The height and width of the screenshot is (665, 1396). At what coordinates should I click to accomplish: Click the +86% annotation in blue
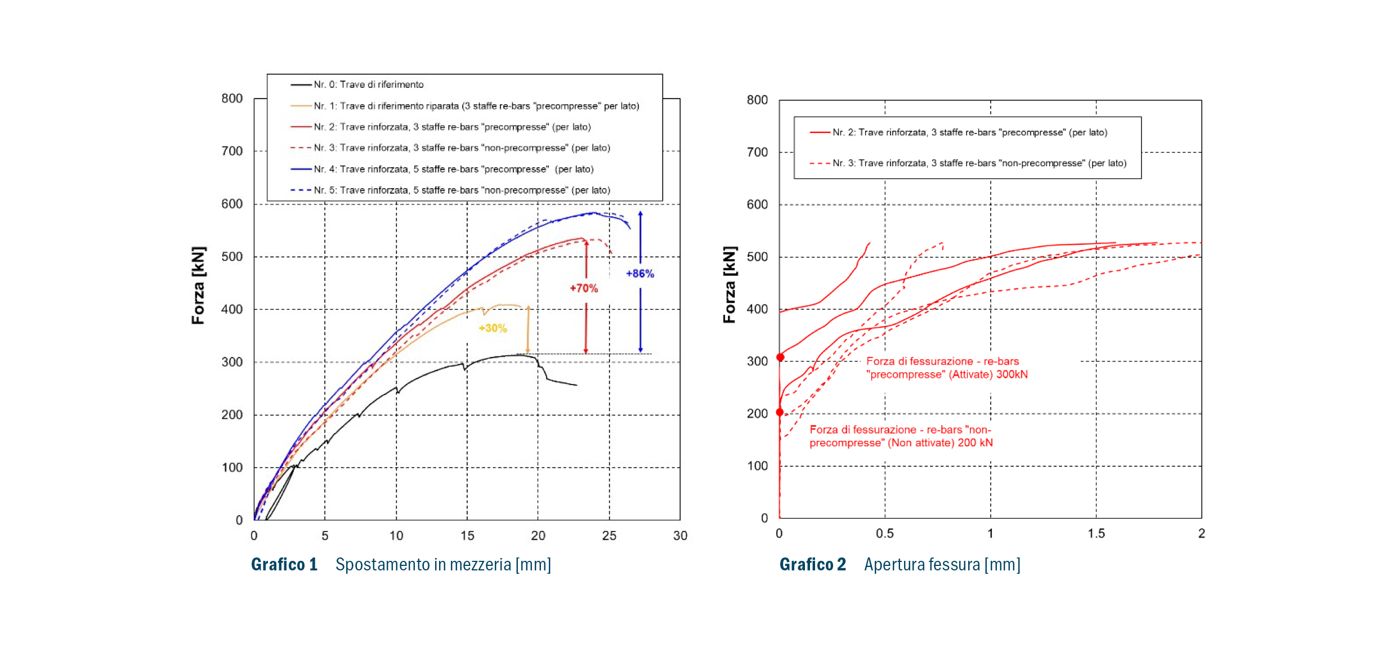click(x=639, y=274)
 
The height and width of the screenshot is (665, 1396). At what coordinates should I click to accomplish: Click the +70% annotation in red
click(x=584, y=288)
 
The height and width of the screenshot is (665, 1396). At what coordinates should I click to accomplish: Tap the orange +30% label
click(x=493, y=328)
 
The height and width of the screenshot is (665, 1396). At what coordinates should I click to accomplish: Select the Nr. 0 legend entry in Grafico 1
click(x=368, y=84)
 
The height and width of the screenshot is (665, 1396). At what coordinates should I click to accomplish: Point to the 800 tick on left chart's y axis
click(x=232, y=99)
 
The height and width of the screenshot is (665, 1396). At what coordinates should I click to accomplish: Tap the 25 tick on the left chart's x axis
click(x=609, y=535)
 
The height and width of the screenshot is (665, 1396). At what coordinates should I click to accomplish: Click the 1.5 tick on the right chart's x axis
click(x=1096, y=533)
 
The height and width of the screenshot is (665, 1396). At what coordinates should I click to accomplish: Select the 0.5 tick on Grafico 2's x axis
click(x=884, y=533)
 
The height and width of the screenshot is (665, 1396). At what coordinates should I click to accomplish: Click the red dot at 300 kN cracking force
click(x=780, y=357)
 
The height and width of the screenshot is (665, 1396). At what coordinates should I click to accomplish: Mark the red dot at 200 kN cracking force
click(x=780, y=412)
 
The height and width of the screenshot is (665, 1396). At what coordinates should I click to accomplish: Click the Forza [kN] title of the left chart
click(x=198, y=285)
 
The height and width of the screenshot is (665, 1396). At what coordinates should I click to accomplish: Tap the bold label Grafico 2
click(x=812, y=564)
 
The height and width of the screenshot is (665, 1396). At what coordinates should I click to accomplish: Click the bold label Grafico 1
click(x=284, y=564)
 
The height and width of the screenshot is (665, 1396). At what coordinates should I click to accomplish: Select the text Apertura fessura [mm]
click(x=942, y=564)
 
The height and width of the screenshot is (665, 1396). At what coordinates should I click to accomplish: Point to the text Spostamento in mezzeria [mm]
click(x=443, y=564)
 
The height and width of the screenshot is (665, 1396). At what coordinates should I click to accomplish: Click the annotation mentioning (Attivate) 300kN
click(x=947, y=368)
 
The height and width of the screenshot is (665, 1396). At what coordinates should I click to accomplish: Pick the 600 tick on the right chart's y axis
click(x=757, y=204)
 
